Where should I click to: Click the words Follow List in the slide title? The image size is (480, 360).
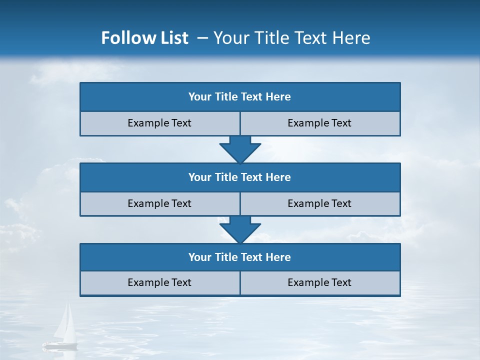144,38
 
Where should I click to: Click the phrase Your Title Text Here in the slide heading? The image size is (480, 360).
291,38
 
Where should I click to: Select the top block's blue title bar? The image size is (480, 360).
240,97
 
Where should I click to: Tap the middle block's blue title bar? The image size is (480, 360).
240,177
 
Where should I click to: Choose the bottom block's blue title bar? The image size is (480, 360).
240,257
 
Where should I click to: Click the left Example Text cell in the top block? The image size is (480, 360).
159,123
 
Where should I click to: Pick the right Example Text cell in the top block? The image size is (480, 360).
319,123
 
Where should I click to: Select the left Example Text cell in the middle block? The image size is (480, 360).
159,203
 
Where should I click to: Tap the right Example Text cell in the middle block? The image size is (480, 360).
319,203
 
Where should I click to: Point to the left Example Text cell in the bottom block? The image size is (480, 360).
159,282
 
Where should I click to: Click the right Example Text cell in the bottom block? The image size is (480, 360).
319,282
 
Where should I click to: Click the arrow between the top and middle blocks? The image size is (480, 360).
240,149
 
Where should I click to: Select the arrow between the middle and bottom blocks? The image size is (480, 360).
240,229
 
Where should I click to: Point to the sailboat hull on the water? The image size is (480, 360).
60,345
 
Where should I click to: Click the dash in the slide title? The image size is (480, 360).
202,38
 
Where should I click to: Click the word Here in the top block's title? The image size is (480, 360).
278,97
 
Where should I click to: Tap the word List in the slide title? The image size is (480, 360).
173,38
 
